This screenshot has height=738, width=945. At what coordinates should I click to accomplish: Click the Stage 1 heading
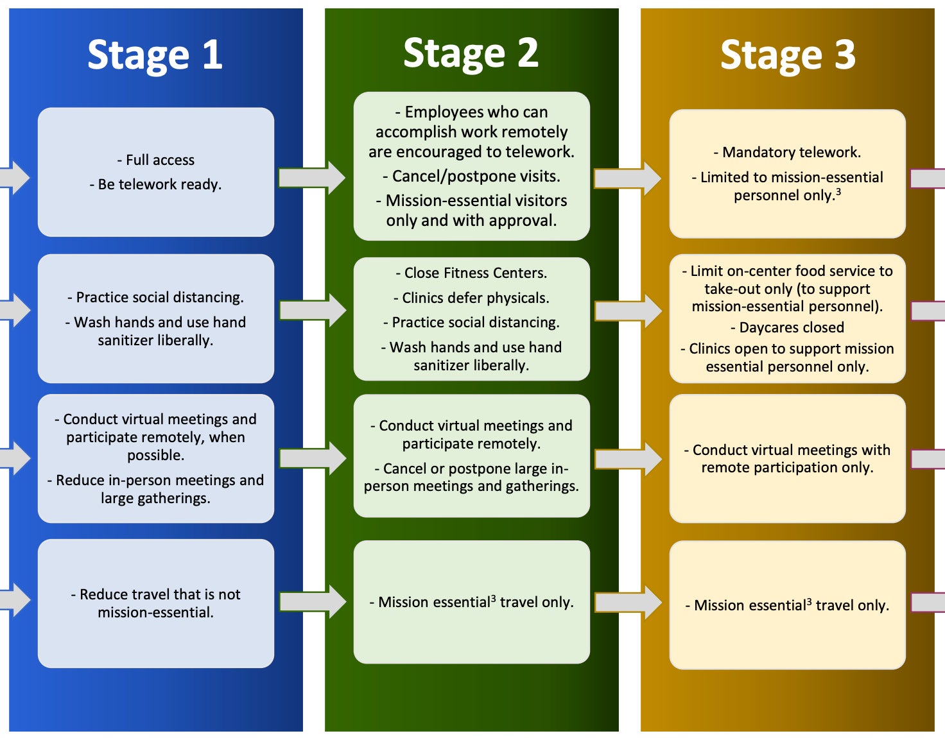pos(155,55)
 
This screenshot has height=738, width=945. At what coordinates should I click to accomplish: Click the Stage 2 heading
pos(471,53)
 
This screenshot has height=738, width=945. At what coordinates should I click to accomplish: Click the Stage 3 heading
pos(788,55)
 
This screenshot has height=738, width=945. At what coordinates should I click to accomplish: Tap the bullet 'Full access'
pos(156,160)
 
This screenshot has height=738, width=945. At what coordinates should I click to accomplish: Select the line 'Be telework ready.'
pos(156,185)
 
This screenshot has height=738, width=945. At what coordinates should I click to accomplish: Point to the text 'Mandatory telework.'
pos(788,152)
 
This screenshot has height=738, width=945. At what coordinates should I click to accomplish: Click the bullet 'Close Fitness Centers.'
pos(472,273)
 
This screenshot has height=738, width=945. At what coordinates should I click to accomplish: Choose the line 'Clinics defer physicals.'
pos(472,298)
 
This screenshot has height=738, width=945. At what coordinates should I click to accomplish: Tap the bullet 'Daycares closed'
pos(788,327)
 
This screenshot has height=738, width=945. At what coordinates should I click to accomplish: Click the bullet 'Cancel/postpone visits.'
pos(472,176)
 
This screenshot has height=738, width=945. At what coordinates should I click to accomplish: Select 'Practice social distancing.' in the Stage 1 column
pos(156,297)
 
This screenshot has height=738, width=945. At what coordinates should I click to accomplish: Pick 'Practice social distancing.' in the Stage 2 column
pos(472,322)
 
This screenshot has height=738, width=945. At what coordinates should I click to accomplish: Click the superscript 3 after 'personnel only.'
pos(838,192)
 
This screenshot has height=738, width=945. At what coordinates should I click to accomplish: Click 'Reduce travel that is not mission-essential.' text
pos(156,603)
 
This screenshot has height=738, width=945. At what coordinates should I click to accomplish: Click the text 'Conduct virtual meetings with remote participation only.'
pos(788,458)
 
